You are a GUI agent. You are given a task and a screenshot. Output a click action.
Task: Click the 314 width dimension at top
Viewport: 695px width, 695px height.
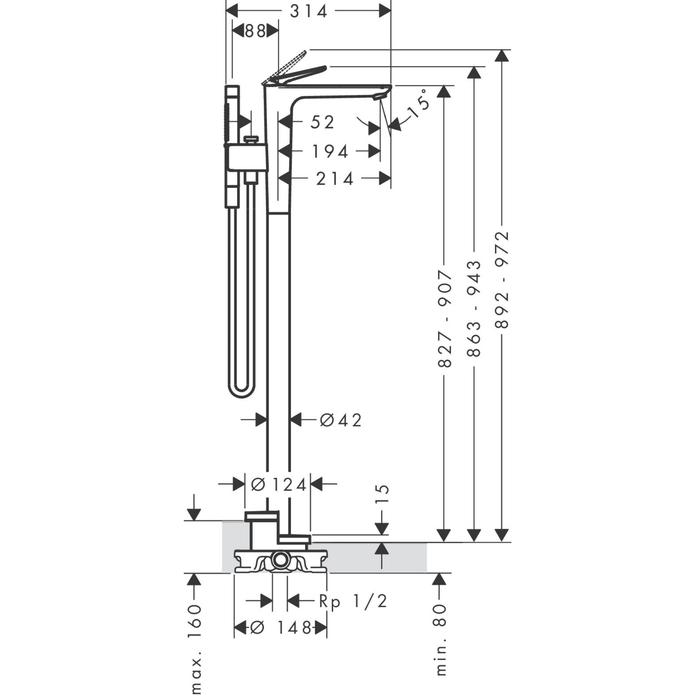[x=308, y=11]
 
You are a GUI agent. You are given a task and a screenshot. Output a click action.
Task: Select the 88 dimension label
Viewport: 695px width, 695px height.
[x=255, y=31]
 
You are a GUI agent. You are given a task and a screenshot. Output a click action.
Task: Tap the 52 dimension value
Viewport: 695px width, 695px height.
[x=322, y=122]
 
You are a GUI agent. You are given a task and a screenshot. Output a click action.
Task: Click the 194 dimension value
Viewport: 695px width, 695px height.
[x=330, y=152]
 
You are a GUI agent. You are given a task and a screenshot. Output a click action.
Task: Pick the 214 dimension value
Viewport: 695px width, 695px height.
[x=335, y=179]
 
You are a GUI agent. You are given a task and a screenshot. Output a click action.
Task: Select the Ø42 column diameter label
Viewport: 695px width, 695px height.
[x=340, y=420]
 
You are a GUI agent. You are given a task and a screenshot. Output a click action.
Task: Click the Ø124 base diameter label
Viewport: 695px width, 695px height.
[x=278, y=485]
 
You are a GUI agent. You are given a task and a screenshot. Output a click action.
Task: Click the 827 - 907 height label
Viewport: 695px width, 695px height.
[x=445, y=319]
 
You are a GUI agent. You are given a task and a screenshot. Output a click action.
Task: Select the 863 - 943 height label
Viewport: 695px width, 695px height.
[x=474, y=309]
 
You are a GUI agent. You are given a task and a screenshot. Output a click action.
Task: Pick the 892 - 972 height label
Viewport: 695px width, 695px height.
[x=502, y=280]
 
